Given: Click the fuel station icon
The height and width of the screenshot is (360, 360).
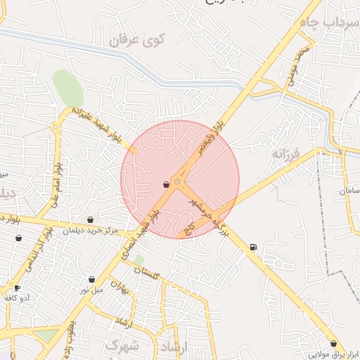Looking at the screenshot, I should (253, 247).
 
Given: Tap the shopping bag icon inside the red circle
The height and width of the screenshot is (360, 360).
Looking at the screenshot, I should (166, 185).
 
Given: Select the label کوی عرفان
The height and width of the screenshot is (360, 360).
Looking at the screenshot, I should (140, 42).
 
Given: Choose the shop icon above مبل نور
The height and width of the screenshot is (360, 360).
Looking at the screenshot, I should (91, 279).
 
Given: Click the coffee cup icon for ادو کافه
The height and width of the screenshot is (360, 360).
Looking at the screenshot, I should (17, 288).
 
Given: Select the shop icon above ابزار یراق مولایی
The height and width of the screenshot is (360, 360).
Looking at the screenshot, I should (333, 344).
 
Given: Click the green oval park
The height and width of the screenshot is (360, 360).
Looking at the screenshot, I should (67, 88).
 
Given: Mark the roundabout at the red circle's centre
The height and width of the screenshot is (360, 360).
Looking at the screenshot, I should (178, 182).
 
